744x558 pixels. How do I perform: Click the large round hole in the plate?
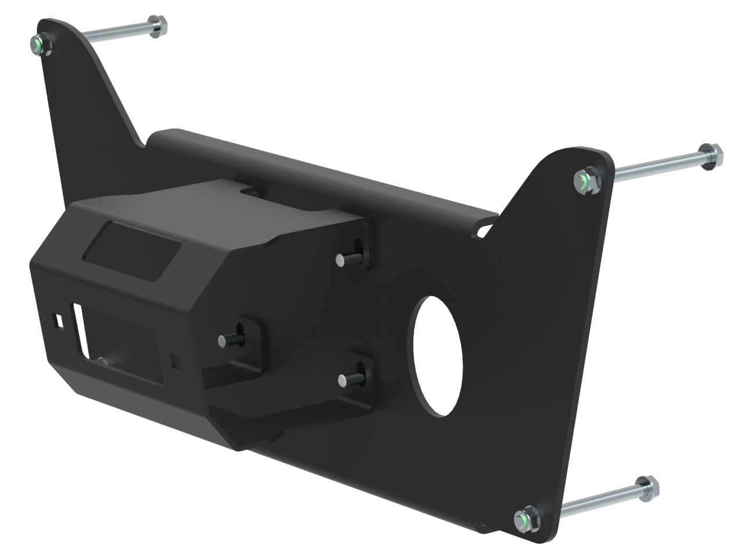pyautogui.click(x=438, y=356)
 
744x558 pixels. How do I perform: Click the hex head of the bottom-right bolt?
pyautogui.click(x=646, y=487)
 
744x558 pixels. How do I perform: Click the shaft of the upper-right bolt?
pyautogui.click(x=657, y=166)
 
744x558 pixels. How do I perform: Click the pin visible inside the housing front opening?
pyautogui.click(x=105, y=362)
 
